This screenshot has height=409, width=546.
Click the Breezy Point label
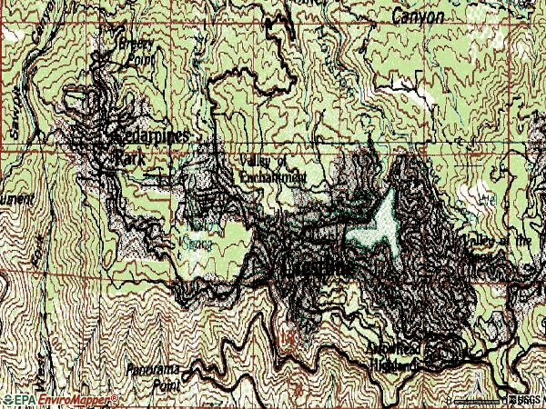pyautogui.click(x=137, y=50)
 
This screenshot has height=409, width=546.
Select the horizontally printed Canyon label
pyautogui.click(x=419, y=16)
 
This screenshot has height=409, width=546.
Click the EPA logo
pyautogui.click(x=15, y=400)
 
